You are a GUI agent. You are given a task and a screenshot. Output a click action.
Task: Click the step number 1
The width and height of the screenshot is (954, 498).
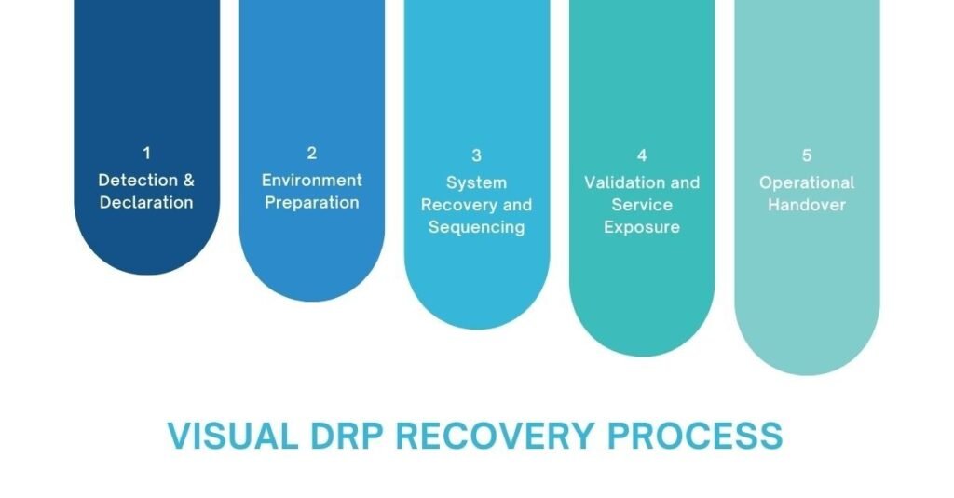coord(146,154)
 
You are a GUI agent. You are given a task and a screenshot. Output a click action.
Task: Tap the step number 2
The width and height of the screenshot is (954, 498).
coord(312,154)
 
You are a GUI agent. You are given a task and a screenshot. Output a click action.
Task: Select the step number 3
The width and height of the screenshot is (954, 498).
coord(476,156)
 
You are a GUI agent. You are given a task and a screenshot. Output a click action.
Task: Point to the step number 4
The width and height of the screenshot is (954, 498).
coord(642,155)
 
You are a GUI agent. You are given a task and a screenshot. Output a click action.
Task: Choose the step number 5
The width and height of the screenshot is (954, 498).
coord(807,155)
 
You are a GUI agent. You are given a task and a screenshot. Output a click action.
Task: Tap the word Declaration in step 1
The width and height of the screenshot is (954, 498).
coord(146,203)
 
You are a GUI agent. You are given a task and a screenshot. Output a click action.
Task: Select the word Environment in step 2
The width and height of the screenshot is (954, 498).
coord(312,180)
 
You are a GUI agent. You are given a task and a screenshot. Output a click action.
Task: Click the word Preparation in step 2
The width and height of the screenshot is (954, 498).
coord(312,203)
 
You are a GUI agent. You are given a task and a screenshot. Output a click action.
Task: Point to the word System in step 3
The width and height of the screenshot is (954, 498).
coord(476,182)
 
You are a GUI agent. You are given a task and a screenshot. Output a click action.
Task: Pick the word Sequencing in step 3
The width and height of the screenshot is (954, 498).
coord(476,227)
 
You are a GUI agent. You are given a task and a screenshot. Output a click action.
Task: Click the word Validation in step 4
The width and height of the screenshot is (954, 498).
coord(625,182)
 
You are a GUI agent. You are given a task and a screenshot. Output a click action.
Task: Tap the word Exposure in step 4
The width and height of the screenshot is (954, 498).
coord(642,227)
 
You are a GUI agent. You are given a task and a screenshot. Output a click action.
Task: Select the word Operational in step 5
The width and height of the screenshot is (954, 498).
coord(807,182)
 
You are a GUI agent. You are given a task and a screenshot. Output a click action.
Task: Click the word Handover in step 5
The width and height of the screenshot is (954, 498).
coord(807,205)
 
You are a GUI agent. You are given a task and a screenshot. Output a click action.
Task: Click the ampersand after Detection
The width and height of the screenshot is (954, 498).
coord(188,180)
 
